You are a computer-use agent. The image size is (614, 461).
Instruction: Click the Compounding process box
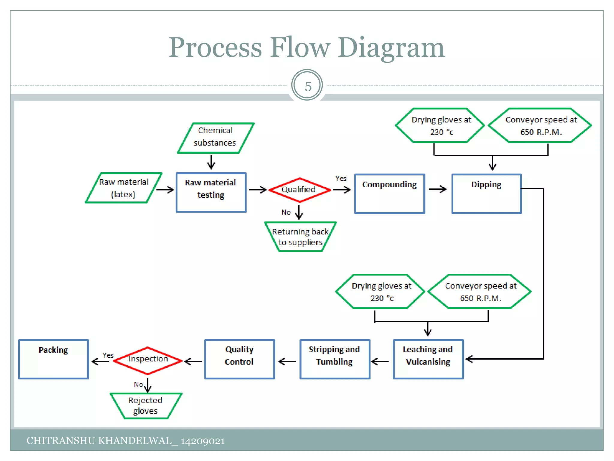[x=389, y=194]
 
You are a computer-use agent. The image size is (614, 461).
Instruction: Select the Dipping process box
[x=486, y=194]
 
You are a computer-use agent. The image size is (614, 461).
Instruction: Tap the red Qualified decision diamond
[x=300, y=190]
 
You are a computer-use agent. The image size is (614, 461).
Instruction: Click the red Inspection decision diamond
[x=148, y=360]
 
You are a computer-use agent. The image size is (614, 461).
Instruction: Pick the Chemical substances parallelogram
[x=216, y=137]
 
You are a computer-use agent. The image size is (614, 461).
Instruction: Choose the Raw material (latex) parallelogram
[x=124, y=188]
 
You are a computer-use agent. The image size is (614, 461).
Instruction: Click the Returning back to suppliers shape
[x=300, y=237]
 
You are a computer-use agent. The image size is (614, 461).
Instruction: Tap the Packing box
[x=53, y=359]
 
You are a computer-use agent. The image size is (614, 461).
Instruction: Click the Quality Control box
[x=240, y=359]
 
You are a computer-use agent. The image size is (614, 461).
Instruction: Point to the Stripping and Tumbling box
[x=335, y=359]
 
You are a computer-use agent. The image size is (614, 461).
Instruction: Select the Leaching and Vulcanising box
[x=428, y=359]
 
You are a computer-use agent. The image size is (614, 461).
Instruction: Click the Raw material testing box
[x=211, y=192]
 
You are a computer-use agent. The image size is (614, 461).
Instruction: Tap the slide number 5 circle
[x=307, y=86]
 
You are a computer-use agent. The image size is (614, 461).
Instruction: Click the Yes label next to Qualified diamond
[x=341, y=179]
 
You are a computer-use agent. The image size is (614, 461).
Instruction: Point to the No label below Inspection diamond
[x=138, y=384]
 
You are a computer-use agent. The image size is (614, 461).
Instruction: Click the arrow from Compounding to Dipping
[x=438, y=189]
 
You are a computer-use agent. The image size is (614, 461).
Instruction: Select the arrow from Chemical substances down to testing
[x=211, y=162]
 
